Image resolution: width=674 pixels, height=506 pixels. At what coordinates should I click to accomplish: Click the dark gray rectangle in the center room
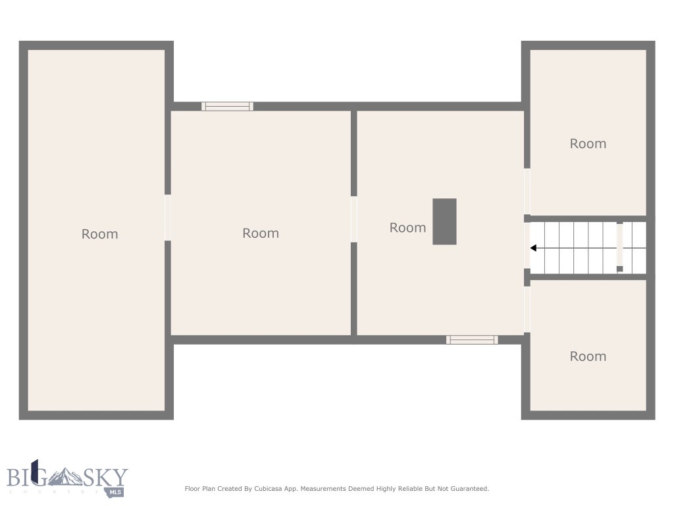click(x=444, y=221)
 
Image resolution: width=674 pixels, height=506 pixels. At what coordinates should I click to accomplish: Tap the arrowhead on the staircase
click(x=534, y=248)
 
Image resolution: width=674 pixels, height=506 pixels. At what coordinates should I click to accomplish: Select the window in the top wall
click(x=227, y=106)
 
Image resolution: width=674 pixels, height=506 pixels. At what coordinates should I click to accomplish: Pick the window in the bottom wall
click(x=472, y=340)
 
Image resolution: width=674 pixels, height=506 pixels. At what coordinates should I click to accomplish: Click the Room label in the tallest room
click(x=99, y=234)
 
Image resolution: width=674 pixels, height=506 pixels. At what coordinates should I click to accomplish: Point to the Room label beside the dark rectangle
click(x=407, y=227)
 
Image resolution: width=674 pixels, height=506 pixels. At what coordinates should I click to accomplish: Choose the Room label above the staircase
click(x=588, y=144)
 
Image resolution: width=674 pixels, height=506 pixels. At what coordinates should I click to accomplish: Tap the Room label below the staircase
click(x=588, y=356)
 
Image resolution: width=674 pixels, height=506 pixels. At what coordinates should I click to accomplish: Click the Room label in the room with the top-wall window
click(x=261, y=233)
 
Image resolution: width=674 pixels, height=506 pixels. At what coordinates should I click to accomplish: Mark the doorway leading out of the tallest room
click(x=168, y=217)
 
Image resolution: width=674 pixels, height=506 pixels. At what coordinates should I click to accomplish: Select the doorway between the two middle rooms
click(x=354, y=219)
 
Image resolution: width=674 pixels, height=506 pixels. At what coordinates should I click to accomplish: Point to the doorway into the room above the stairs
click(x=527, y=191)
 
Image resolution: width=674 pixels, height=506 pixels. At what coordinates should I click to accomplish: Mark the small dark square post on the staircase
click(x=619, y=269)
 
